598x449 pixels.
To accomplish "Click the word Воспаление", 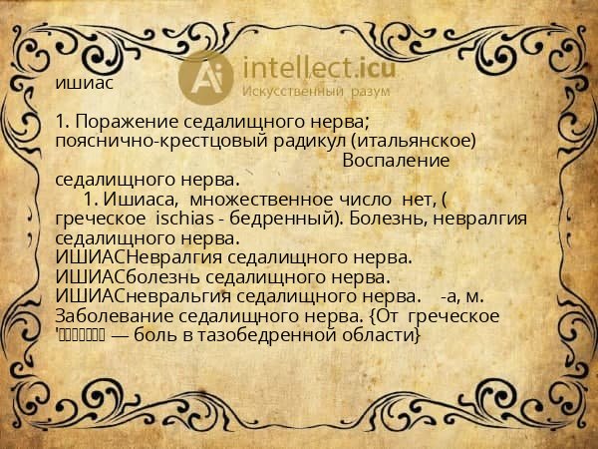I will (x=396, y=160).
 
